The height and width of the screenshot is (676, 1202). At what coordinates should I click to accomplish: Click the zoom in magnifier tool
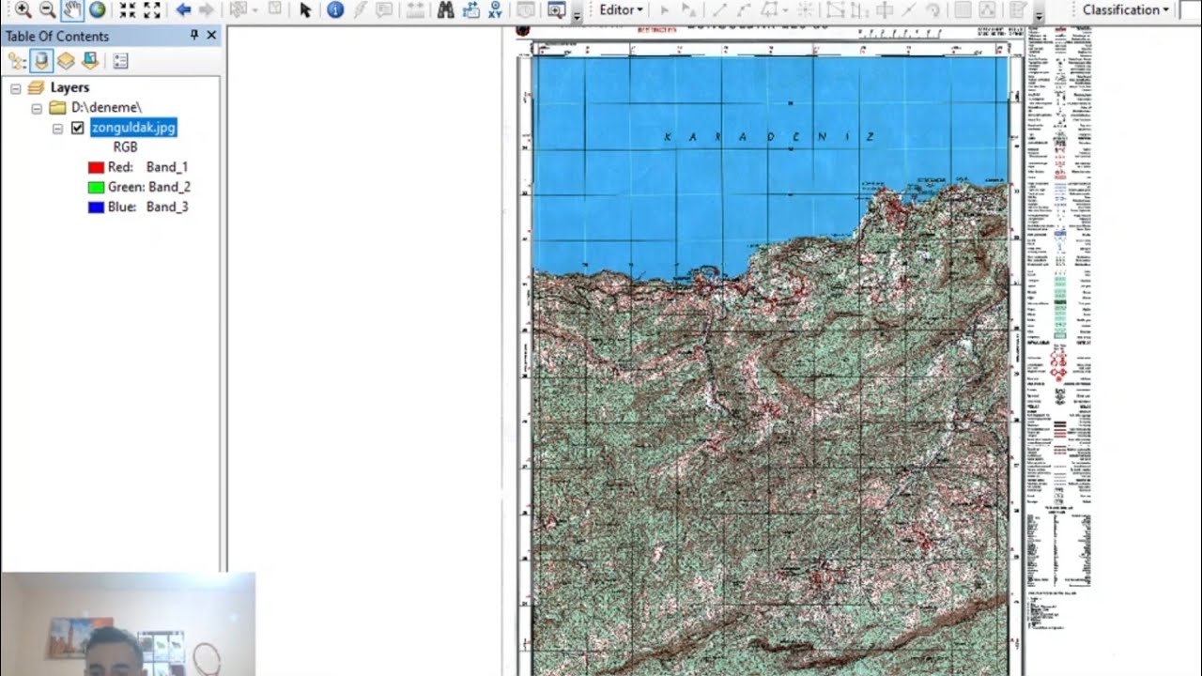coord(23,10)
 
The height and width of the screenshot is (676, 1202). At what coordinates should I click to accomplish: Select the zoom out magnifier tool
coord(47,10)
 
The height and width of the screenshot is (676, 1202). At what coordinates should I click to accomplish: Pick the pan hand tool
coord(72,10)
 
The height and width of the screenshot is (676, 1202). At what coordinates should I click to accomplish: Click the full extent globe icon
coord(97,10)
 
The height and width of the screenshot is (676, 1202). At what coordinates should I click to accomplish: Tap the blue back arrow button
coord(183,10)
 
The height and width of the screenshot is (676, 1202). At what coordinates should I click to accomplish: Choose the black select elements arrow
coord(304,10)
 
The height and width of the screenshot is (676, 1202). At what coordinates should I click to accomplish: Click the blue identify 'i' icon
coord(335,10)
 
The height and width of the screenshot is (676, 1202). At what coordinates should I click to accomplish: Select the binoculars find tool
coord(445,10)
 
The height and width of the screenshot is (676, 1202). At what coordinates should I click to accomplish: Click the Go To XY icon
coord(495,10)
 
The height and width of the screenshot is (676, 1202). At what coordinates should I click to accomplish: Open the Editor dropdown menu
coord(621,10)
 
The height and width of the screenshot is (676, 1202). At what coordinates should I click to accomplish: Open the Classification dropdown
coord(1125,10)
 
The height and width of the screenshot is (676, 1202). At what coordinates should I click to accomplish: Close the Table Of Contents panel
coord(211,36)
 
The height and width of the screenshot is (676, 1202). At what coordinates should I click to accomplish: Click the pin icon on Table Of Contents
coord(194,36)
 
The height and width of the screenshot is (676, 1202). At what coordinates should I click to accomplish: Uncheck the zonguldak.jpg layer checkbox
coord(78,128)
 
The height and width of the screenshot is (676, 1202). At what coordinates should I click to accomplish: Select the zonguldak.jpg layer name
coord(133,128)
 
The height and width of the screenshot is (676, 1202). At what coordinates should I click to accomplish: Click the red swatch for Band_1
coord(96,167)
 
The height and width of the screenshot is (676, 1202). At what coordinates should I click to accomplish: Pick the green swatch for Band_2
coord(96,187)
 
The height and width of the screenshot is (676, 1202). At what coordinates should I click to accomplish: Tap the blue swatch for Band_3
coord(96,207)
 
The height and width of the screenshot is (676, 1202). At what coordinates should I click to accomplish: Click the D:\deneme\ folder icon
coord(57,108)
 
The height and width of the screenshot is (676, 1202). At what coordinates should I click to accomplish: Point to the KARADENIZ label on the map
coord(769,137)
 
